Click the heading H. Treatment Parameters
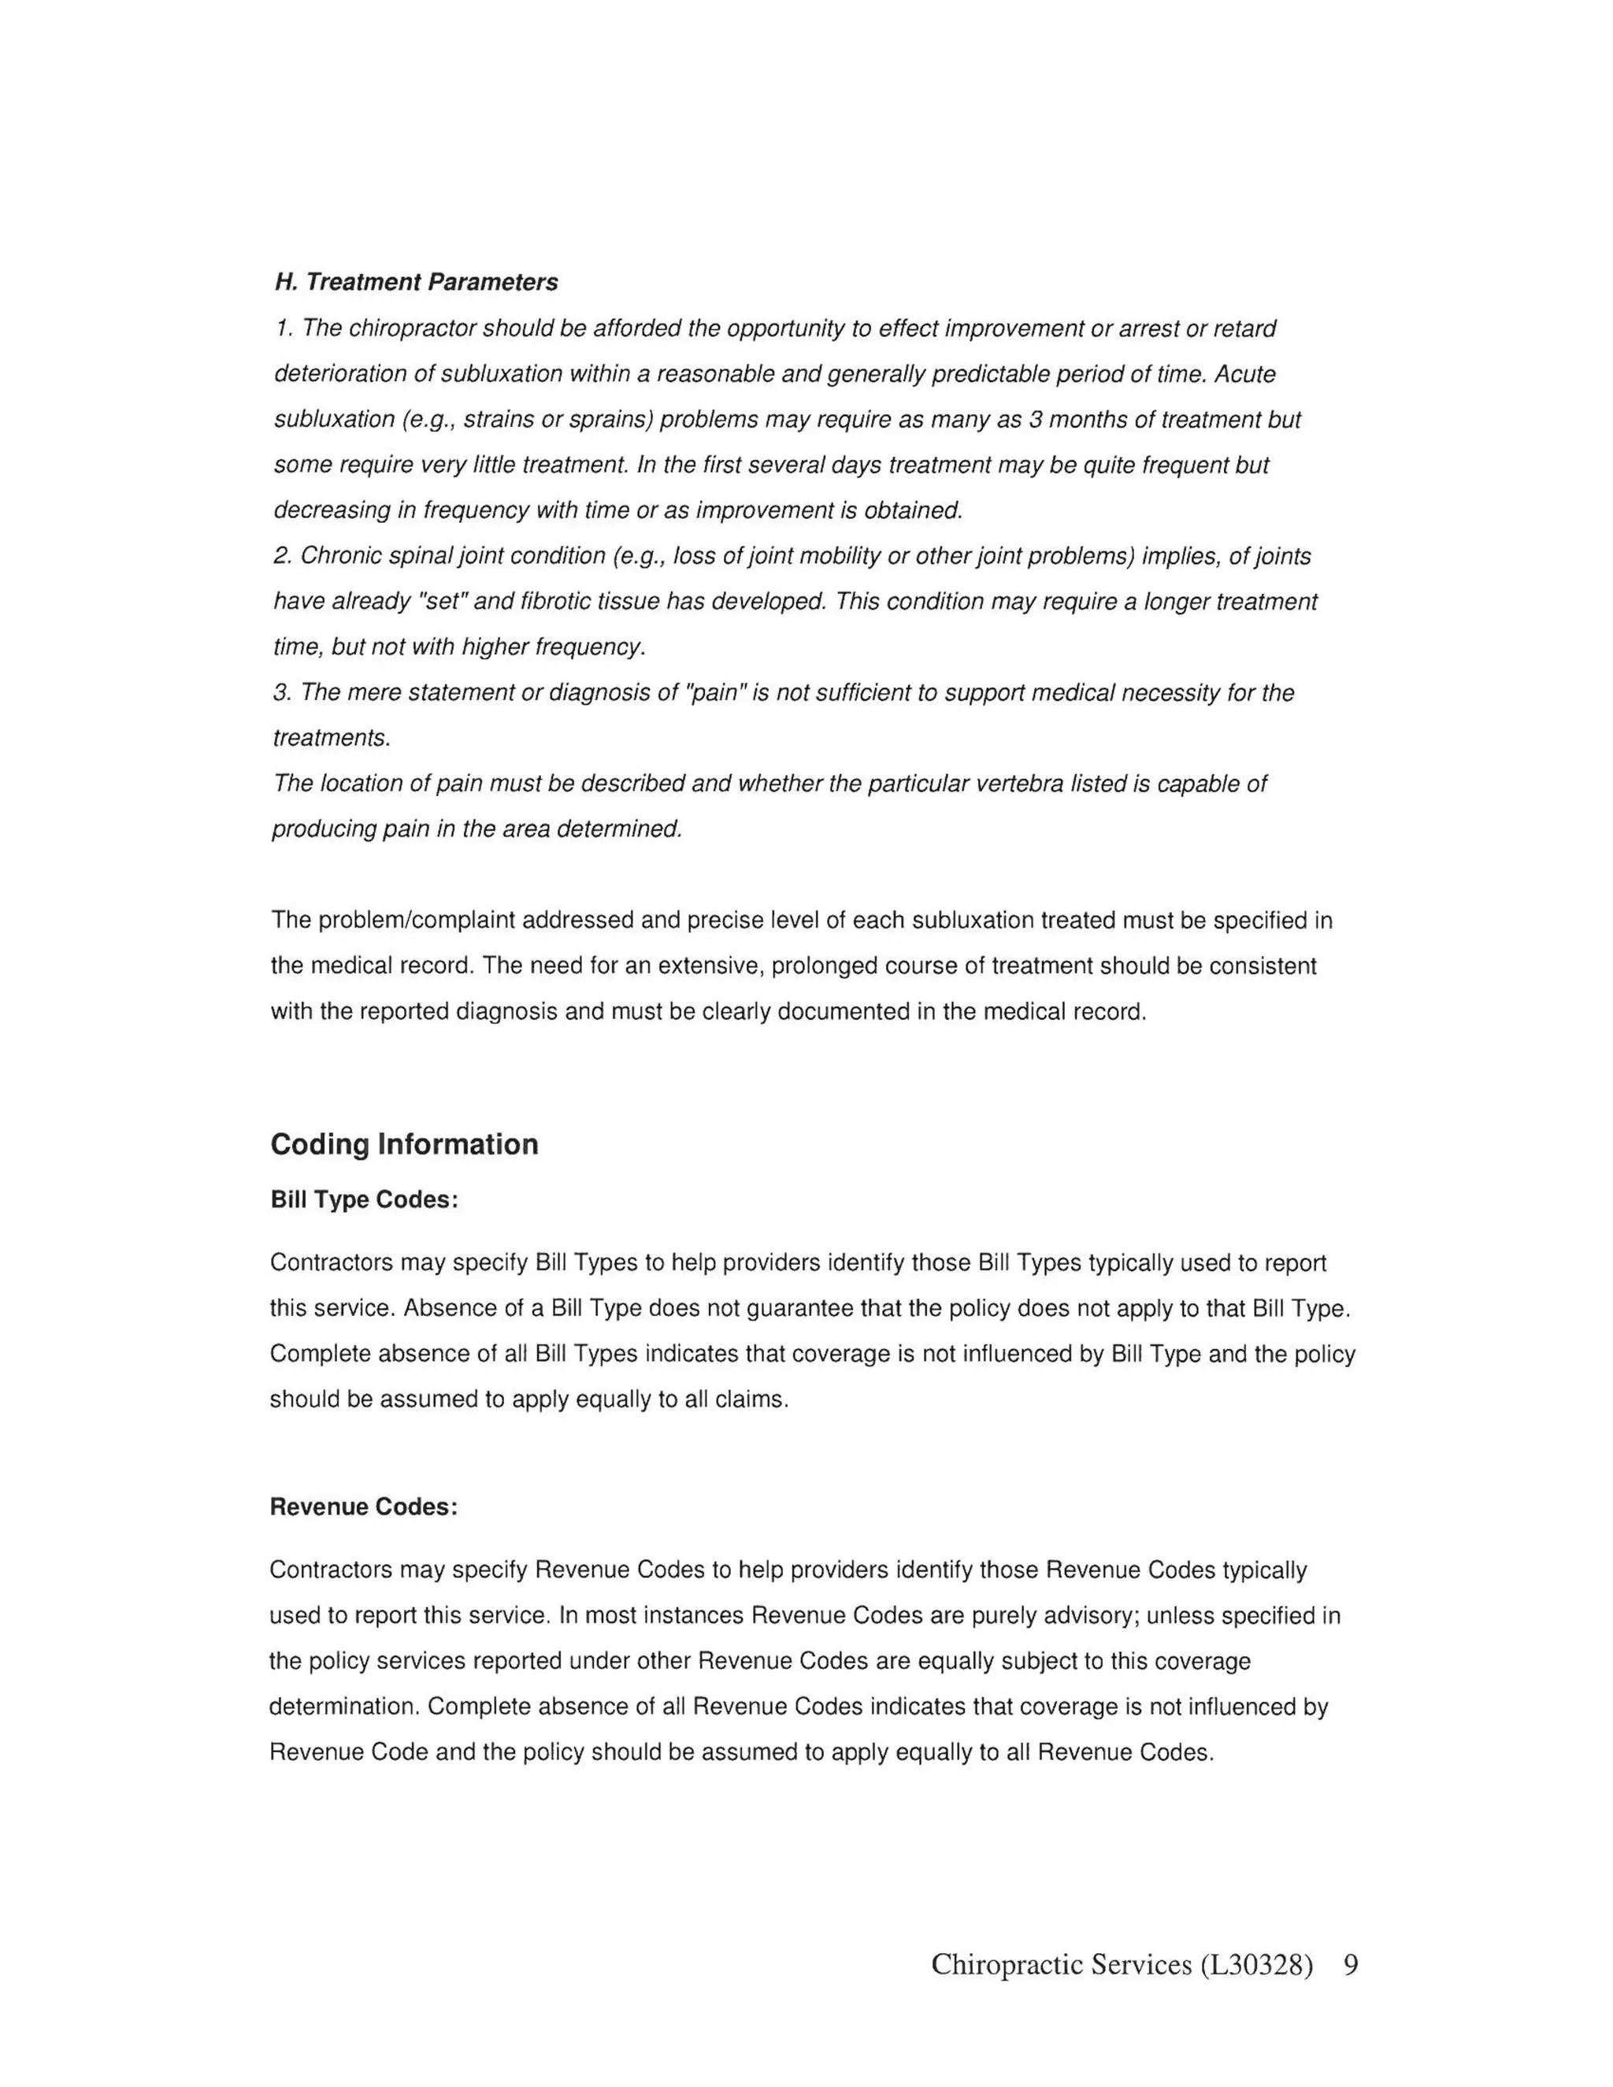click(x=416, y=282)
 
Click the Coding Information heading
click(x=404, y=1144)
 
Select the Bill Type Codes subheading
click(x=364, y=1199)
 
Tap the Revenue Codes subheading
click(x=363, y=1507)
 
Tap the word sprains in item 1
click(x=614, y=420)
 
